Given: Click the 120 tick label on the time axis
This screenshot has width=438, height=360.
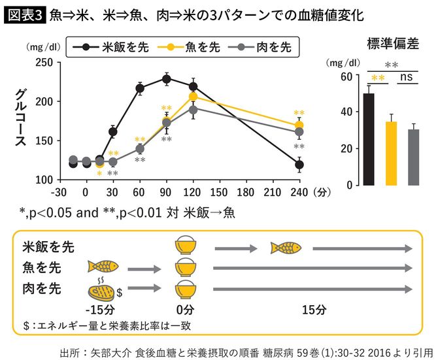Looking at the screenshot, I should point(193,192).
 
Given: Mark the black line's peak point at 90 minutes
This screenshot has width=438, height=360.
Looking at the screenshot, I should point(166,79).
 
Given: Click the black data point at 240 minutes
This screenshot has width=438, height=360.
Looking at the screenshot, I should point(299,165).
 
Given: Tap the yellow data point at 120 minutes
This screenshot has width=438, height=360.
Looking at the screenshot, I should point(194,97).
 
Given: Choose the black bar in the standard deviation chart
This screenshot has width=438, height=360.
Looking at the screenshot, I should point(369,139).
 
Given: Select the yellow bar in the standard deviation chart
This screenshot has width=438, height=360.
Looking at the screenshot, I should point(391,153).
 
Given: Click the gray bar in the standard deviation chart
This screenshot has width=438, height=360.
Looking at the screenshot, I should point(413,157).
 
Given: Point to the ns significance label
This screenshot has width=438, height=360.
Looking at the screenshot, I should point(407,78).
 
